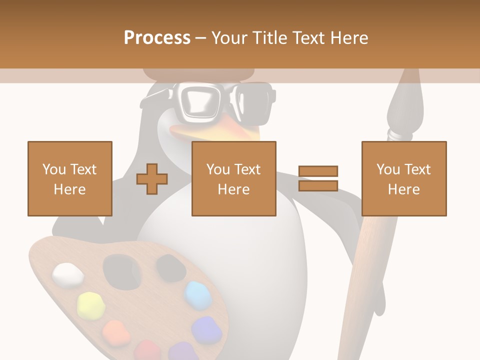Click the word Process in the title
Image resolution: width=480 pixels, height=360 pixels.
(x=157, y=38)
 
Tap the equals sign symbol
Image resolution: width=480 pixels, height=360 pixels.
(x=318, y=178)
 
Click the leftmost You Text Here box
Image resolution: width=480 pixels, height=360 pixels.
(x=69, y=178)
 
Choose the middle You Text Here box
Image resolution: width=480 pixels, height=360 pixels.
(x=233, y=178)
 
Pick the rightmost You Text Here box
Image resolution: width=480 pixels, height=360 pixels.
(x=403, y=178)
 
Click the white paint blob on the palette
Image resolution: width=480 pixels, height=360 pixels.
(x=68, y=274)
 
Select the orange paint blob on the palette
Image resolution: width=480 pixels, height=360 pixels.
(x=116, y=330)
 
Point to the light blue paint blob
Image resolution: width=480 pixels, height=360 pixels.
(x=198, y=294)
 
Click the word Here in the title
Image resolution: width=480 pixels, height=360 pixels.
(x=349, y=38)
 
